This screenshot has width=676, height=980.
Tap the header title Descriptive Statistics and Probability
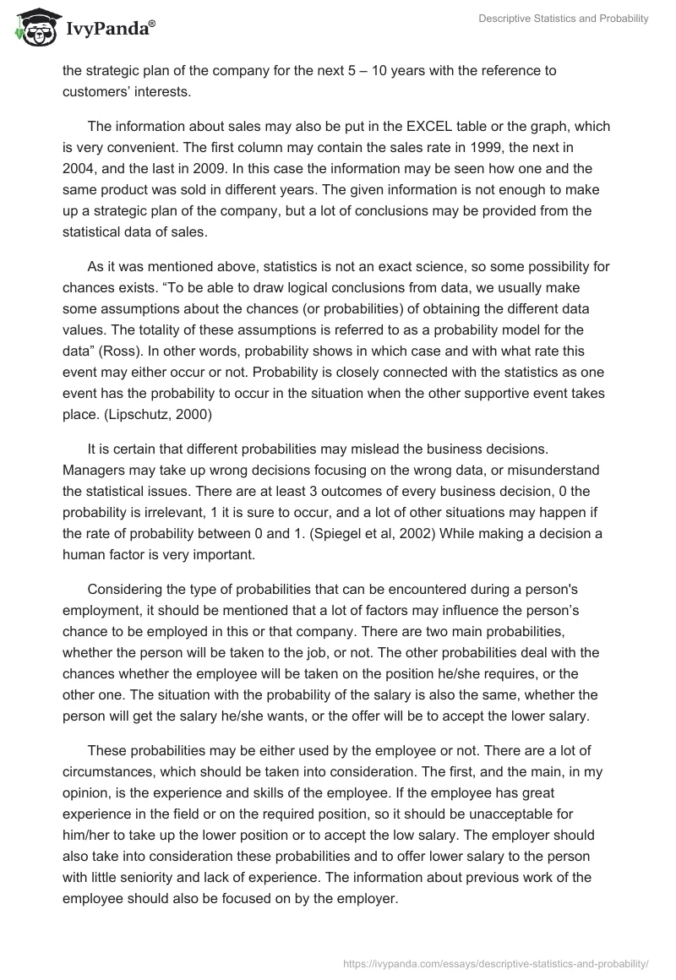[x=564, y=19]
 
